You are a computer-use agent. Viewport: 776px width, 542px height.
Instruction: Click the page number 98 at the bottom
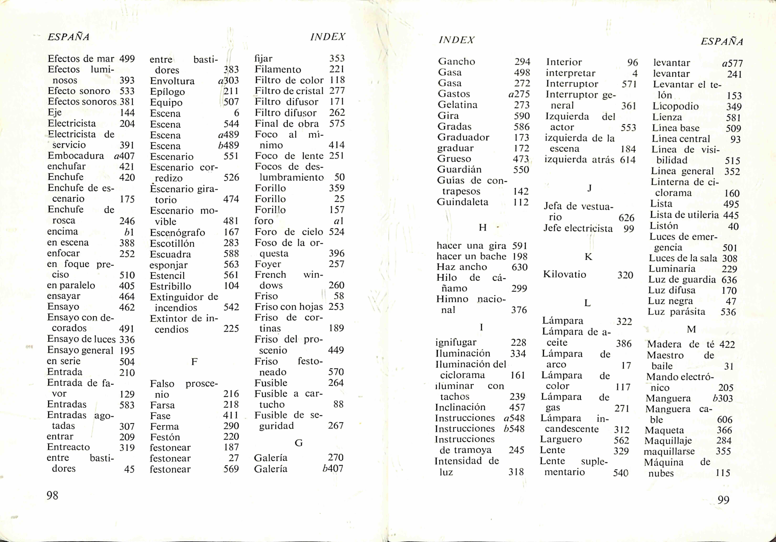52,495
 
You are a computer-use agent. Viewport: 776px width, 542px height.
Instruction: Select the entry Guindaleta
462,202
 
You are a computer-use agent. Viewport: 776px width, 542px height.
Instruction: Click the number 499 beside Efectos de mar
127,59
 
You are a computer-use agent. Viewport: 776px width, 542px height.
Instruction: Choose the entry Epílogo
167,92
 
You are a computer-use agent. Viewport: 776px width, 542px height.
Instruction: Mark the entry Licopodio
675,106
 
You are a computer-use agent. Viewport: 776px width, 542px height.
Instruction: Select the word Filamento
278,69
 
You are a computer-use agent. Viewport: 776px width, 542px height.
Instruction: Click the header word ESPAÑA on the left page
69,37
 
